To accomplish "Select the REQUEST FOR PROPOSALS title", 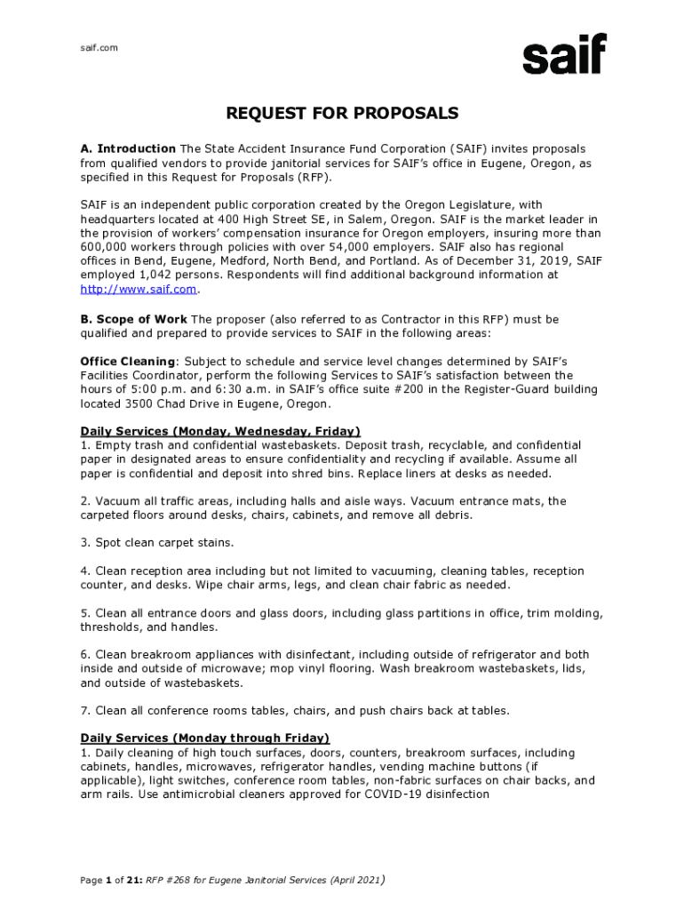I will (x=342, y=114).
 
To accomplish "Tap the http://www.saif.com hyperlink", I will (x=138, y=289).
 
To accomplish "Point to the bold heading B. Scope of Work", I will (x=133, y=319).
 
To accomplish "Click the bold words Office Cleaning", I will (x=128, y=362).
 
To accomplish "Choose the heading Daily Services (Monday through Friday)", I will (x=205, y=738).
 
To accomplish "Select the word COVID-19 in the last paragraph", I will (x=396, y=794).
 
